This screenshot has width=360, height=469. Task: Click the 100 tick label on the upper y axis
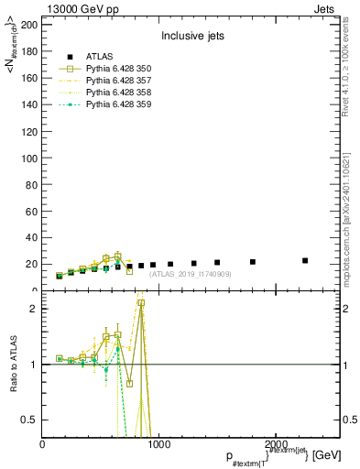pyautogui.click(x=30, y=158)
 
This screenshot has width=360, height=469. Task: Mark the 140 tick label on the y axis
pyautogui.click(x=30, y=104)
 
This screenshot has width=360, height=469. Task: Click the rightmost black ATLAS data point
pyautogui.click(x=305, y=261)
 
